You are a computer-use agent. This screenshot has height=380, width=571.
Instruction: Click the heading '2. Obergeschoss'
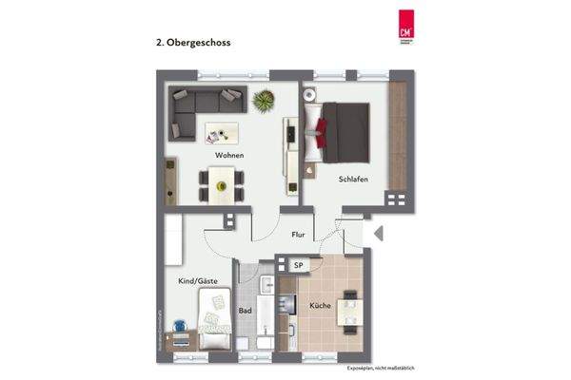(192, 43)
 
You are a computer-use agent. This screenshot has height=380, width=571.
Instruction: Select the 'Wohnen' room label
(228, 155)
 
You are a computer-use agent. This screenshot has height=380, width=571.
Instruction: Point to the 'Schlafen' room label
(353, 179)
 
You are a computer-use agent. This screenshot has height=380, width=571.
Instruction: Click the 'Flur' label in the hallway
(298, 233)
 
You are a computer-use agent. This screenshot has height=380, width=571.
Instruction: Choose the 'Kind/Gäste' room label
(197, 281)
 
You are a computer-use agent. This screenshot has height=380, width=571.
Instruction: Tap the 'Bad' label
(245, 310)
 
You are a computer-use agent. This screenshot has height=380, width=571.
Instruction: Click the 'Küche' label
(319, 305)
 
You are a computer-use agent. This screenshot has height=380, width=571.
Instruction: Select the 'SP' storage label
(298, 266)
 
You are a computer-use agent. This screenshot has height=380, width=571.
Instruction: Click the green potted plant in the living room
(263, 99)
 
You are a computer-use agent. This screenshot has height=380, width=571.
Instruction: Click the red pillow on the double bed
(326, 126)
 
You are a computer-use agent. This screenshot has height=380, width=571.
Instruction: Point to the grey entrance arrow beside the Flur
(377, 233)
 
